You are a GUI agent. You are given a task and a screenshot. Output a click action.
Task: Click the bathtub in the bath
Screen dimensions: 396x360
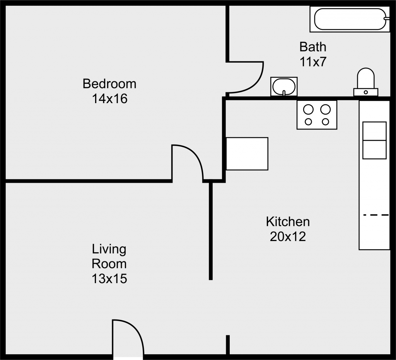pyautogui.click(x=350, y=19)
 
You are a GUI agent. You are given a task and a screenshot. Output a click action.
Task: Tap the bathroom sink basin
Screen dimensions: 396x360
pyautogui.click(x=284, y=87)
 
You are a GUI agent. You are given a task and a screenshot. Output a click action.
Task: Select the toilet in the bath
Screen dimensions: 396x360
pyautogui.click(x=366, y=82)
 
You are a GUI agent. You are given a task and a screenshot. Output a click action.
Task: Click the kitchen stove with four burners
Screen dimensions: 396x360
pyautogui.click(x=317, y=115)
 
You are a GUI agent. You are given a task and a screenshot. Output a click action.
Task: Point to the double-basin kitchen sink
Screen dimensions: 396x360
pyautogui.click(x=374, y=141)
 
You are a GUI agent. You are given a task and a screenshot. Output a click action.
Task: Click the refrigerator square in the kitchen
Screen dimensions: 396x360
pyautogui.click(x=247, y=154)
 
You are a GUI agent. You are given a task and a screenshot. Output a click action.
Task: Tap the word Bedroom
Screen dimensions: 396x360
pyautogui.click(x=109, y=84)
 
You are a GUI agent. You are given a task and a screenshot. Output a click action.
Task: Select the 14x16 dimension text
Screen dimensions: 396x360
pyautogui.click(x=109, y=98)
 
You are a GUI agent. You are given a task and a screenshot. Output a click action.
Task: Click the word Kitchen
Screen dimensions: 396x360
pyautogui.click(x=288, y=222)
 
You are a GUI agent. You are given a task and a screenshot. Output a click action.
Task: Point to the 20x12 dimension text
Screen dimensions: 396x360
pyautogui.click(x=288, y=237)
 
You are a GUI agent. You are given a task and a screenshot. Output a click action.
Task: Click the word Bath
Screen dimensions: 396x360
pyautogui.click(x=312, y=47)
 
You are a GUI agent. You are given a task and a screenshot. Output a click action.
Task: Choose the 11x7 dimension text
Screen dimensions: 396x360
pyautogui.click(x=313, y=62)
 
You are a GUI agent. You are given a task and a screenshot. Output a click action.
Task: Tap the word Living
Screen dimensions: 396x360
pyautogui.click(x=109, y=249)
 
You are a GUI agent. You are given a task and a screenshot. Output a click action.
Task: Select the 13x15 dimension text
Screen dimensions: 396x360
pyautogui.click(x=109, y=279)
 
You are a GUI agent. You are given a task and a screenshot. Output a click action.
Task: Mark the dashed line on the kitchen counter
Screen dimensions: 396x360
pyautogui.click(x=376, y=215)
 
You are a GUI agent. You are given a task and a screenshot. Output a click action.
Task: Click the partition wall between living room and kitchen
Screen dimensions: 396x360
pyautogui.click(x=211, y=231)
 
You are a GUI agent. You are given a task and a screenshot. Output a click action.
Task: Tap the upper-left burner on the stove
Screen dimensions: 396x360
pyautogui.click(x=308, y=109)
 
